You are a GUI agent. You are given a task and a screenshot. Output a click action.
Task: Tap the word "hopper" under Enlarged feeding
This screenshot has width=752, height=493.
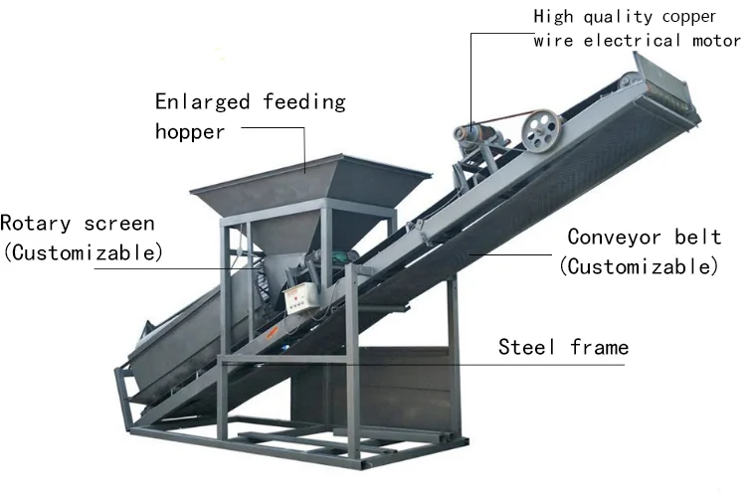pyautogui.click(x=190, y=131)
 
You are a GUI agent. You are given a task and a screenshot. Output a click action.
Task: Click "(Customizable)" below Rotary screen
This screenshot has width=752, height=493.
pyautogui.click(x=83, y=252)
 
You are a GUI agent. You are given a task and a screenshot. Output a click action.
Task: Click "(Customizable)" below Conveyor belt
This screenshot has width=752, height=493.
pyautogui.click(x=638, y=266)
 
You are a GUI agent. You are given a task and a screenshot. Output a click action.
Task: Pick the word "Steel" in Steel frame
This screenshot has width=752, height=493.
pyautogui.click(x=527, y=347)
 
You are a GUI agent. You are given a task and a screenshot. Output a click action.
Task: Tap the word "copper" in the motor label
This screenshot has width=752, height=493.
pyautogui.click(x=699, y=16)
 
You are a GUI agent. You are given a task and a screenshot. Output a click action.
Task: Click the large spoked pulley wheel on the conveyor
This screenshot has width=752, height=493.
pyautogui.click(x=543, y=132)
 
